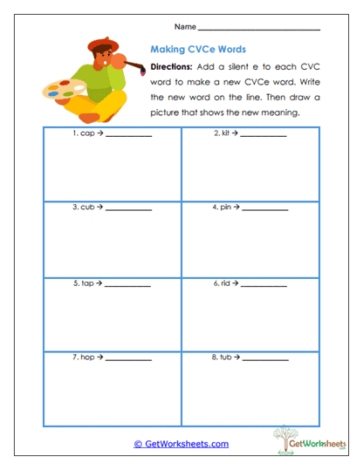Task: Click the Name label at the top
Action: tap(184, 27)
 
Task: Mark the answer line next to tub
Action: tap(265, 360)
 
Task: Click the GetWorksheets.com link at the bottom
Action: tap(181, 444)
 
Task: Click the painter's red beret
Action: tap(102, 44)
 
